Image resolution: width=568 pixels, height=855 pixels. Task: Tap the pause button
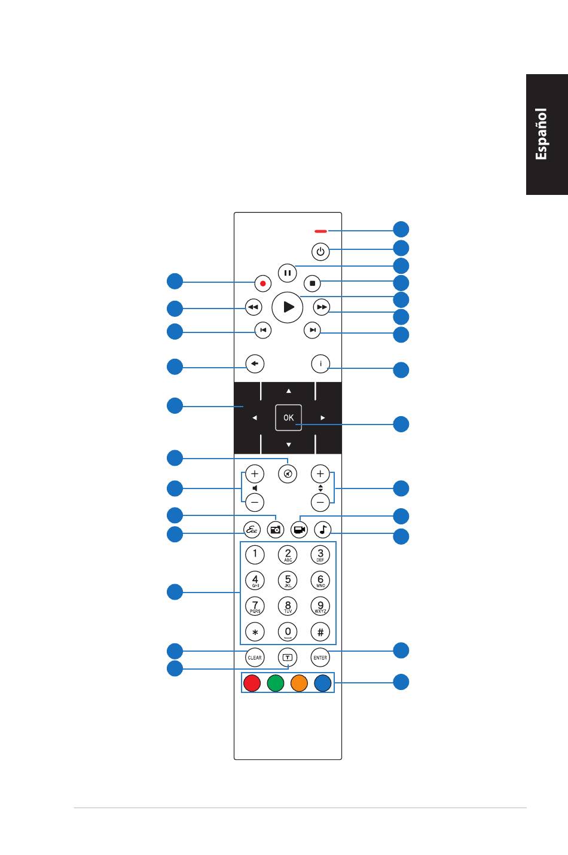click(x=288, y=273)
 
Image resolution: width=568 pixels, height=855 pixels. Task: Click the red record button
click(x=262, y=283)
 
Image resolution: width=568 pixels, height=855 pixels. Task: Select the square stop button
click(x=312, y=283)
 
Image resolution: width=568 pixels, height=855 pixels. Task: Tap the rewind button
click(x=254, y=307)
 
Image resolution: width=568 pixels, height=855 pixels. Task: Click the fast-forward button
click(x=322, y=307)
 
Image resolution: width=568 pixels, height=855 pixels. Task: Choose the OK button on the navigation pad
click(x=288, y=417)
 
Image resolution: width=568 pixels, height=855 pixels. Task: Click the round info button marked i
click(x=321, y=364)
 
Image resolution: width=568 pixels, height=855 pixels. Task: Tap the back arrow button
click(x=255, y=364)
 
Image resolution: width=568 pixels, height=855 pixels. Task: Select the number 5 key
click(x=288, y=580)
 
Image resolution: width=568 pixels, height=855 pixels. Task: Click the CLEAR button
click(x=255, y=657)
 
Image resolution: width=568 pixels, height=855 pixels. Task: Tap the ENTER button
click(x=320, y=657)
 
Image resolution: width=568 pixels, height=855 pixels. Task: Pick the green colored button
click(x=276, y=683)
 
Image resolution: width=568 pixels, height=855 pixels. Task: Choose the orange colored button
click(x=299, y=683)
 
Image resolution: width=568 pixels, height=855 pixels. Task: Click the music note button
click(x=323, y=529)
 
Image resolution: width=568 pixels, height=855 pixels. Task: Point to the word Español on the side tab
click(x=542, y=134)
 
